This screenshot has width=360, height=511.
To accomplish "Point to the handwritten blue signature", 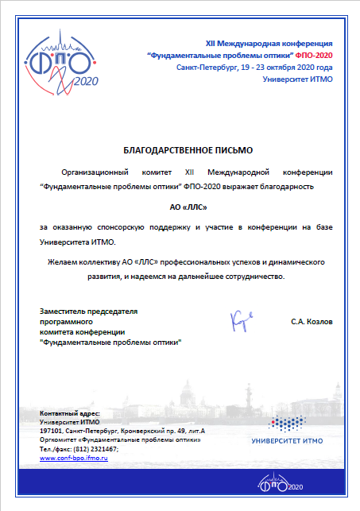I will point(240,320).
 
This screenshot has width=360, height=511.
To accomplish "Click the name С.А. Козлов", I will point(312,321).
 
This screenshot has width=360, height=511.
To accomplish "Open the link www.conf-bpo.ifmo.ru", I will point(74,459).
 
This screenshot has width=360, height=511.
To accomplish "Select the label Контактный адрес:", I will point(70,415).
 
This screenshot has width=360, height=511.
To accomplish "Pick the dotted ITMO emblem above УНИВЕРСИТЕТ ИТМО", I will point(289,420).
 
